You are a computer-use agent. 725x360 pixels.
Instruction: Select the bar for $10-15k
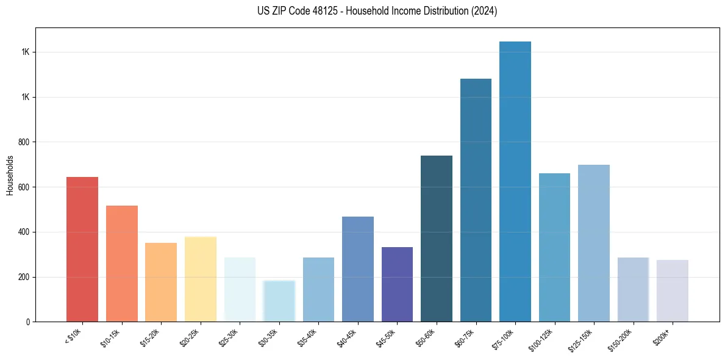[121, 264]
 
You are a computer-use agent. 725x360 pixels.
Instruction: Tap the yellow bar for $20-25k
[200, 279]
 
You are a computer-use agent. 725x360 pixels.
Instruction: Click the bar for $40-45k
[357, 269]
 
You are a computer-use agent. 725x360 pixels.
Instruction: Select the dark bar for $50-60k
[437, 239]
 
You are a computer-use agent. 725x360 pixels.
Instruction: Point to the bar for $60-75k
[476, 200]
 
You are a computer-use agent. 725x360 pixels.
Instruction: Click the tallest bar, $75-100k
[515, 181]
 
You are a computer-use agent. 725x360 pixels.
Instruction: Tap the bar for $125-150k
[594, 243]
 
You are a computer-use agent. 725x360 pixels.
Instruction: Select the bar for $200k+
[673, 290]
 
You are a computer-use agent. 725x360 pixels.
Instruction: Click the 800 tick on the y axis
[25, 142]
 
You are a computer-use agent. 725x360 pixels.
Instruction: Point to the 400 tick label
[25, 232]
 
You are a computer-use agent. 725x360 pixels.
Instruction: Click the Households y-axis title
[10, 175]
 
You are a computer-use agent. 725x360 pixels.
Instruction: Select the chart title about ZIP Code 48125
[377, 11]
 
